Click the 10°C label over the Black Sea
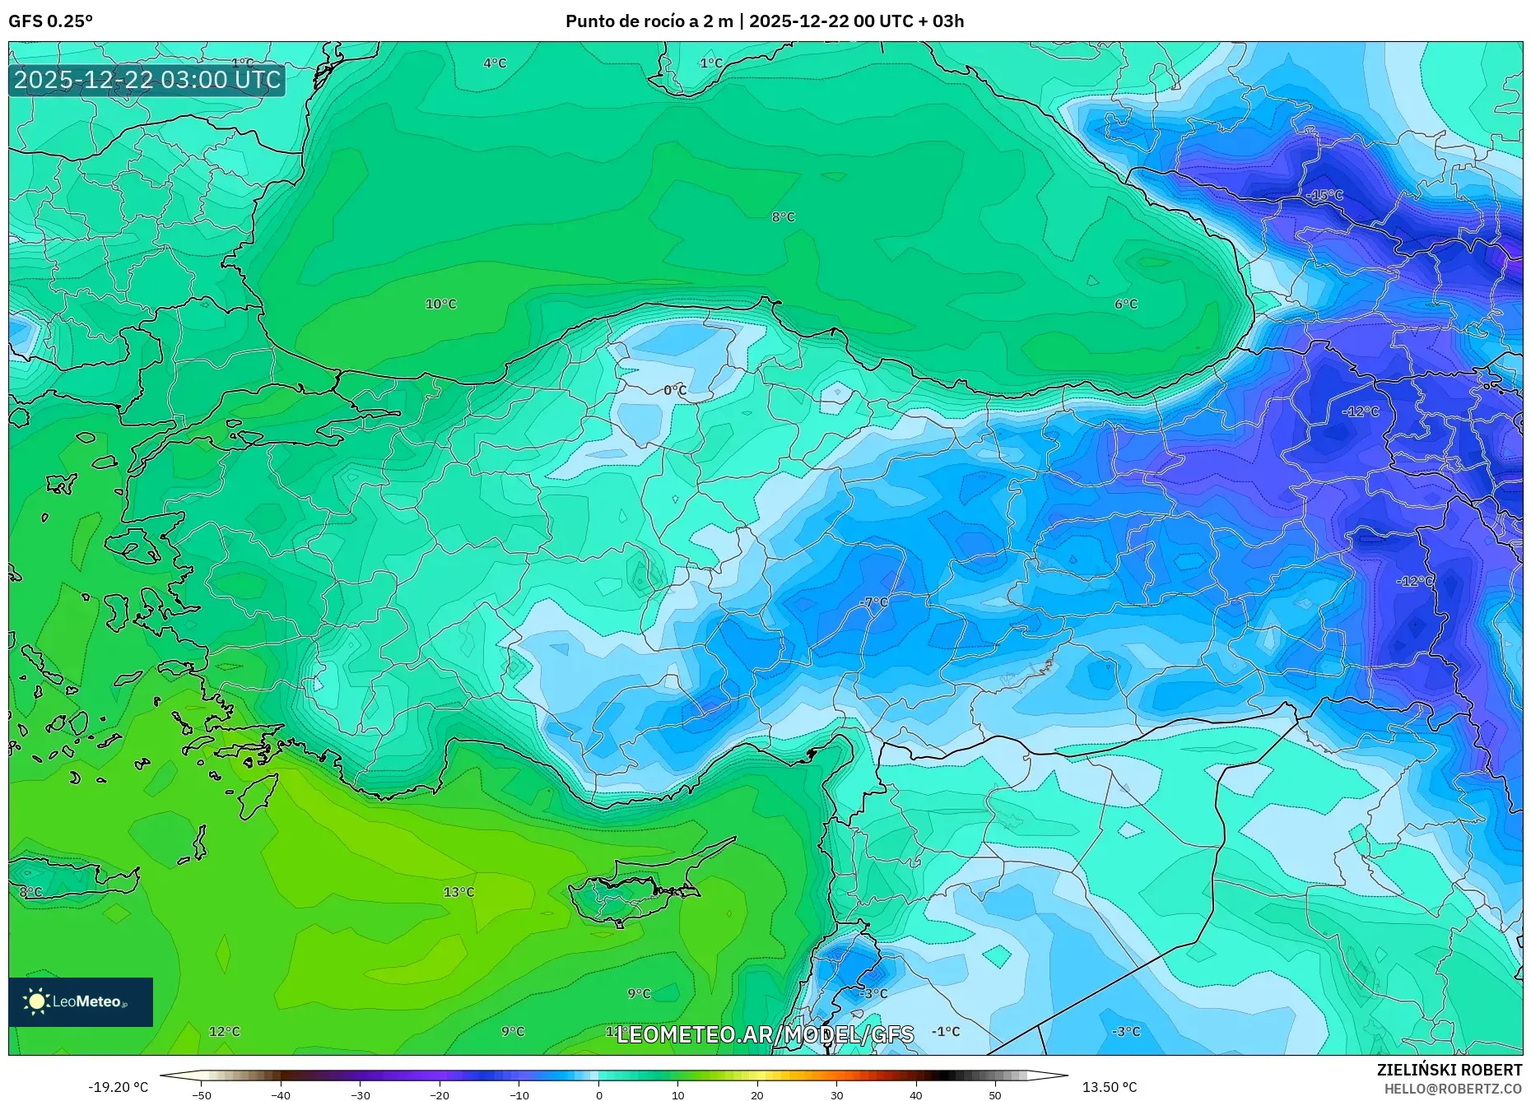440,304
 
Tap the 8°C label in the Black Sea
783,217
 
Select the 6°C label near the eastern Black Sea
1125,304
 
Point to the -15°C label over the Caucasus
1324,195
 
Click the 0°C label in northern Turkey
675,390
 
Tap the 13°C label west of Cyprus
458,892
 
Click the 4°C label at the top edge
495,63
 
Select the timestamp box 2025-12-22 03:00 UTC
147,80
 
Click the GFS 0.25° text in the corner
50,21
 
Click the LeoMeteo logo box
81,1001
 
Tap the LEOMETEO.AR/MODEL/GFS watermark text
765,1034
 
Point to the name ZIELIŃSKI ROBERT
1449,1070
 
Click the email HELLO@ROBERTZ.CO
1452,1089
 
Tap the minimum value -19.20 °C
119,1087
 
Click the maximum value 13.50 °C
1109,1087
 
